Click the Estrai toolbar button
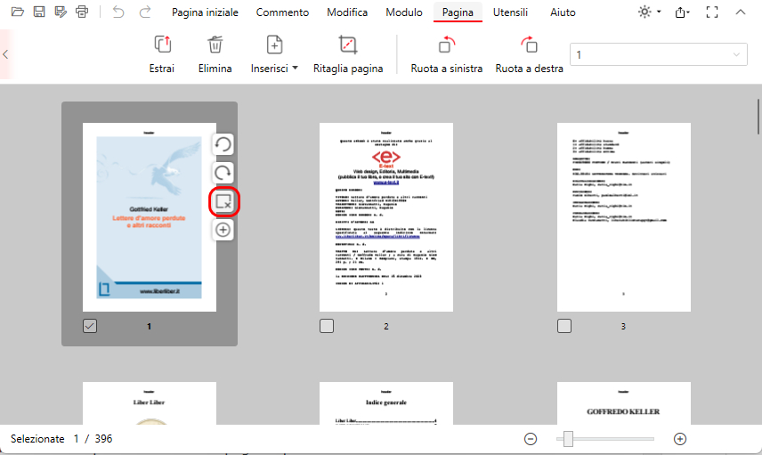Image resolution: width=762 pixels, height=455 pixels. (162, 54)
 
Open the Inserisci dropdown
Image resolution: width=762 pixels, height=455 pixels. (274, 54)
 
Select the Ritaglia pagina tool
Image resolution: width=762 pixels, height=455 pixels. (348, 54)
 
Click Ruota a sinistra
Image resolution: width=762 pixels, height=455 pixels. (446, 54)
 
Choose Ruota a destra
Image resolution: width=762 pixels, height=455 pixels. (529, 54)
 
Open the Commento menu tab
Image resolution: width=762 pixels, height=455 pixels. (282, 12)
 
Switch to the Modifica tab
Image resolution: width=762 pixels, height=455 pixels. (347, 12)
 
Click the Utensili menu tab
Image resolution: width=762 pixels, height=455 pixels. (510, 12)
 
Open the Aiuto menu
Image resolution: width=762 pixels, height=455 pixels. (563, 12)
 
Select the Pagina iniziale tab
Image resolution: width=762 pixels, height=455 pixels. (206, 12)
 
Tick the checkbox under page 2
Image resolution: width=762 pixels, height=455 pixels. (327, 326)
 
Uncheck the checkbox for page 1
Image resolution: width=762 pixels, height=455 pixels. (90, 326)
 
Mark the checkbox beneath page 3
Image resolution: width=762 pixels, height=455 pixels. (564, 326)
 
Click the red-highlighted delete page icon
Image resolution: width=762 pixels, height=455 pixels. (223, 202)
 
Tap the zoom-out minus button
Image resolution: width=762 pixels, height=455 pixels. (531, 439)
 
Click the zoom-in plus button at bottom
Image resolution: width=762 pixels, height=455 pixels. (680, 439)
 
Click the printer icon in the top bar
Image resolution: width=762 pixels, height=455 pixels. (83, 12)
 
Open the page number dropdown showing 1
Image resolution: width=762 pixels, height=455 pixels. (658, 55)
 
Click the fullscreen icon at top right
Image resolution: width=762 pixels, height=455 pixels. (711, 12)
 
